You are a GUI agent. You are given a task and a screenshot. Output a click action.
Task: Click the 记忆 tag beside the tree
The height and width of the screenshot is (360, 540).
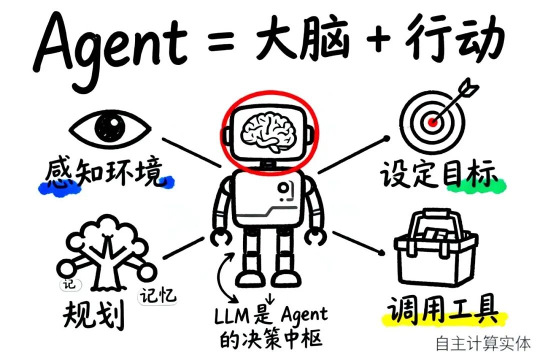(x=157, y=296)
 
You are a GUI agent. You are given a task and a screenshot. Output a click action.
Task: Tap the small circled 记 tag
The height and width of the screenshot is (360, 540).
(x=69, y=283)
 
